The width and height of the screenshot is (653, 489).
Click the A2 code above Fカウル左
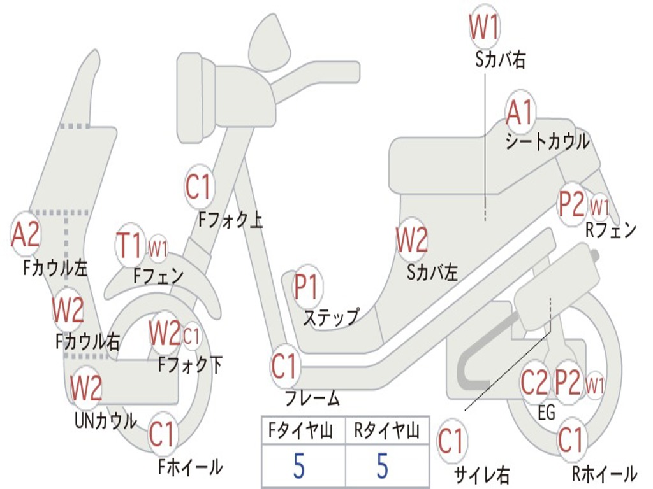(26, 234)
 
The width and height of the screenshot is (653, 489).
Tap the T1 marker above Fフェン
(130, 247)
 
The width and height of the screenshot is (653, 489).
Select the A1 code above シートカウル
(520, 113)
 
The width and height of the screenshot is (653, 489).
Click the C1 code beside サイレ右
(451, 441)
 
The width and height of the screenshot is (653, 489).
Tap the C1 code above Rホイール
(571, 440)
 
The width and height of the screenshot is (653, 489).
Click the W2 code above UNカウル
(86, 388)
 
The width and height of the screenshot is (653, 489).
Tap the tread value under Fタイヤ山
(299, 466)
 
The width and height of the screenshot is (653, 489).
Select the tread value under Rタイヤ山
(383, 466)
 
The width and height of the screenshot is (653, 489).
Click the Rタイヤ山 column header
(387, 432)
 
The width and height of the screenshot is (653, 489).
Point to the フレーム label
(312, 399)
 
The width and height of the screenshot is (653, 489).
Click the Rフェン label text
(611, 230)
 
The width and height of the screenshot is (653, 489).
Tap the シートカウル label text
(547, 142)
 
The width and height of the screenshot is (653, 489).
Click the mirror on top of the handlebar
(270, 43)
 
